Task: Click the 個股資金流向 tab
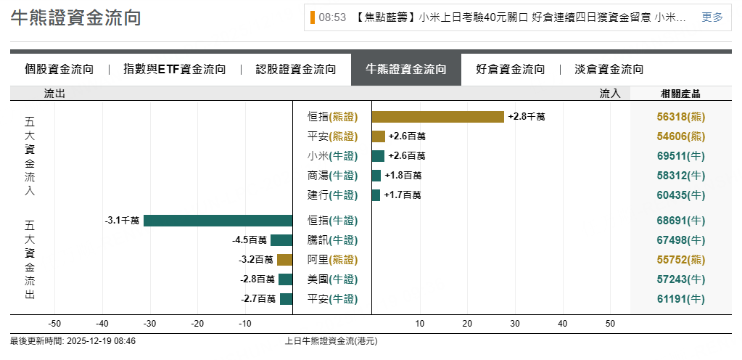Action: tap(59, 70)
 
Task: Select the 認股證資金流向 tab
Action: tap(296, 70)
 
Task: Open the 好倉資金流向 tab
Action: tap(511, 70)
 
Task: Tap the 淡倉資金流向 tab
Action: tap(609, 70)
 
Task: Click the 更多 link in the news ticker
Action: tap(712, 17)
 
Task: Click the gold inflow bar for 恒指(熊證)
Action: tap(438, 117)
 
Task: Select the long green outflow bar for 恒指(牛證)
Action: tap(218, 221)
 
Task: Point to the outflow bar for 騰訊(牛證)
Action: tap(281, 240)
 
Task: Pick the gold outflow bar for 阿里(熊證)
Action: tap(284, 260)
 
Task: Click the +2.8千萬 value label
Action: tap(527, 117)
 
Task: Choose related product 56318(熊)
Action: tap(680, 117)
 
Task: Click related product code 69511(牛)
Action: tap(680, 156)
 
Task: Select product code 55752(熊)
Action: tap(680, 260)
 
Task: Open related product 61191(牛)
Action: tap(680, 299)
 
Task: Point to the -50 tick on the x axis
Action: tap(54, 324)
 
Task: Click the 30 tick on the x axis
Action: tap(515, 324)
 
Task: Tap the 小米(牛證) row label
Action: tap(333, 156)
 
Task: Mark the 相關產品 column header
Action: tap(680, 94)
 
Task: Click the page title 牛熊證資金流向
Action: tap(75, 18)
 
